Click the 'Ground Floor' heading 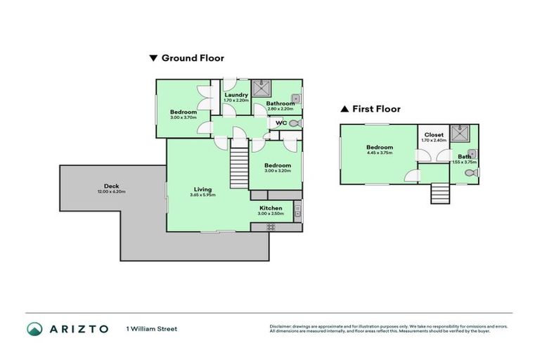193,58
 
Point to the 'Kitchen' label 271,208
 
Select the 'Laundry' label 236,95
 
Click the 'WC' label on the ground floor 281,123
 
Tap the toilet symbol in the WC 295,123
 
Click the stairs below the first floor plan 439,193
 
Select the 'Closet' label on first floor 434,134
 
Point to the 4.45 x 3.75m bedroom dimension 379,153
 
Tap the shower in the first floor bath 461,130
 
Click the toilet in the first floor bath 470,170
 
